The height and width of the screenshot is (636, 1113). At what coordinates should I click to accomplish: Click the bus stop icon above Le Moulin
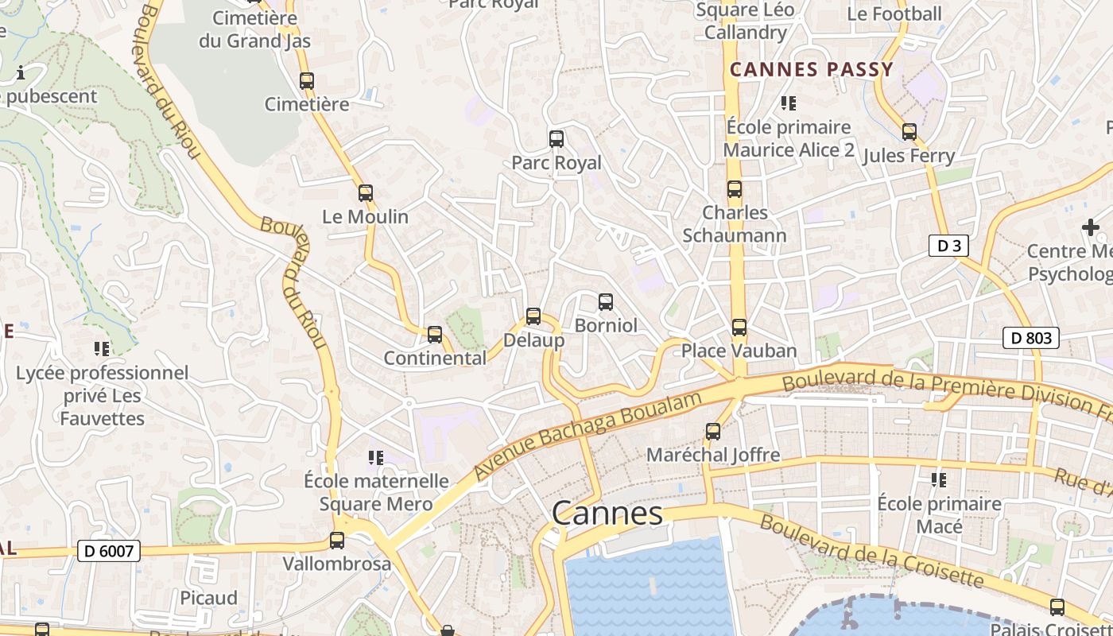(x=365, y=192)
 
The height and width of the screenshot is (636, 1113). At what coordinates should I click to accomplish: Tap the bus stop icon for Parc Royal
(x=556, y=139)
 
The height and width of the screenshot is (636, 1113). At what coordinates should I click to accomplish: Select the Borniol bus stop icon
(x=606, y=302)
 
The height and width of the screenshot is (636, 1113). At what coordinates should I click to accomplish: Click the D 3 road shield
(x=948, y=246)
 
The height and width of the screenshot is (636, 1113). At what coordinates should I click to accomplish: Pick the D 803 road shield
(x=1031, y=338)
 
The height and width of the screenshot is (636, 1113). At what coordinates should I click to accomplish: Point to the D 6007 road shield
(x=109, y=550)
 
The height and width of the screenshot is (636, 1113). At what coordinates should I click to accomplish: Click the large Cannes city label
(x=607, y=514)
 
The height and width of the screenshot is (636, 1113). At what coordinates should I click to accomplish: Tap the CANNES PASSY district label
(x=812, y=70)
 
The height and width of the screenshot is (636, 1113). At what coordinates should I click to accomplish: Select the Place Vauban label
(x=739, y=351)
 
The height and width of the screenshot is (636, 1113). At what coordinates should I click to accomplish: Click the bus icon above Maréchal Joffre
(x=713, y=432)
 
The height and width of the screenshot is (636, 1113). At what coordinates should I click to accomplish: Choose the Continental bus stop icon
(x=434, y=335)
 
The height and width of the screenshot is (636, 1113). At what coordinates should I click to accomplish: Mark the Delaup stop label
(x=533, y=340)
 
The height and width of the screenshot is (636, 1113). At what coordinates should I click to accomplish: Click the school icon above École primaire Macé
(x=939, y=479)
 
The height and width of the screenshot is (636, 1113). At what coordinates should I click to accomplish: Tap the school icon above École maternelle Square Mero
(x=376, y=457)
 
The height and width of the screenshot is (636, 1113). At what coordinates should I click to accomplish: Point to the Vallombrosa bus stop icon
(x=337, y=541)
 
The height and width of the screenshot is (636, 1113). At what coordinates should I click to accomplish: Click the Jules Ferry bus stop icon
(x=909, y=132)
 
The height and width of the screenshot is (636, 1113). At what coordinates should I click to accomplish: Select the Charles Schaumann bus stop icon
(x=735, y=189)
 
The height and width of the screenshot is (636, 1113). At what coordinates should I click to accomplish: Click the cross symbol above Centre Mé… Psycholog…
(x=1090, y=228)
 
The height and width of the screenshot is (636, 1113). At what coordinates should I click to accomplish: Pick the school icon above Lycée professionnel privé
(x=102, y=348)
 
